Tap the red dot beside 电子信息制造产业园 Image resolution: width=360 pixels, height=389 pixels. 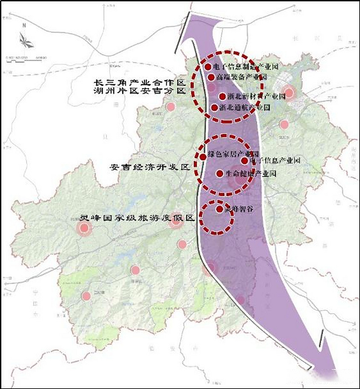click(208, 67)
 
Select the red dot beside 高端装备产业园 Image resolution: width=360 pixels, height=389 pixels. click(211, 77)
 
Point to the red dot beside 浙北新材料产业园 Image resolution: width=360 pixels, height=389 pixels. click(222, 97)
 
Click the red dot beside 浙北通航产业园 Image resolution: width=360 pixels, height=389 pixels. click(214, 108)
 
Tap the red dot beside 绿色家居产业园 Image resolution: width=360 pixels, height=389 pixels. click(203, 157)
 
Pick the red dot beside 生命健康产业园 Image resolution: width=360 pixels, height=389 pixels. click(220, 174)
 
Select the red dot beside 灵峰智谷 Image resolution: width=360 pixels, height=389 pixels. click(219, 209)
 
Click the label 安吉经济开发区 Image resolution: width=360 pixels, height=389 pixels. click(150, 167)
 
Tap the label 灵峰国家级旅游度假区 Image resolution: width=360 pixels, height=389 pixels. click(136, 218)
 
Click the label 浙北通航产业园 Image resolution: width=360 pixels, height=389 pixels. click(244, 108)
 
